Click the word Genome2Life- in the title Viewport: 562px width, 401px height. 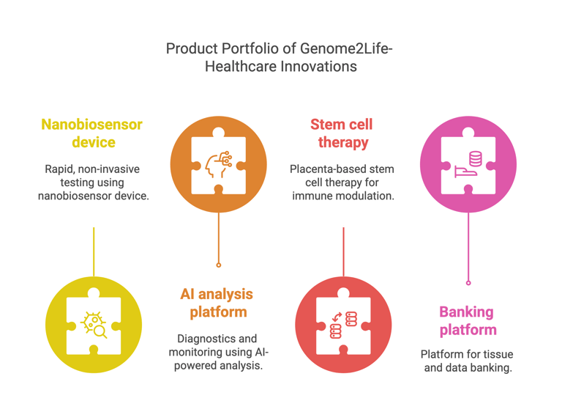(346, 48)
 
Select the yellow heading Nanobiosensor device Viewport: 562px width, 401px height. (92, 133)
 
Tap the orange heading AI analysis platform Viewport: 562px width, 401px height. (217, 303)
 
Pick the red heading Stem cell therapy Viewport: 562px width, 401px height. (342, 133)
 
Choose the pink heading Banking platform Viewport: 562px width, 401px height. (468, 320)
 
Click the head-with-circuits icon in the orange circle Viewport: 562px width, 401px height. (219, 164)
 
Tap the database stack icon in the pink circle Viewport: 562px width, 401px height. (476, 158)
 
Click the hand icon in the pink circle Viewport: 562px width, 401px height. (465, 172)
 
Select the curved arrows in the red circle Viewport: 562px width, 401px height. (337, 317)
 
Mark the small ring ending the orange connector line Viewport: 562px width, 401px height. (219, 265)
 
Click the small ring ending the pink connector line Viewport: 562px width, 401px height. (468, 283)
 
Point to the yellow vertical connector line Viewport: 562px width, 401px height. (94, 251)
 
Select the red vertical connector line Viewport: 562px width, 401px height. (343, 251)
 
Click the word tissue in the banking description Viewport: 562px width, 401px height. (500, 354)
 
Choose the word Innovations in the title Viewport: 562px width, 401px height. (318, 67)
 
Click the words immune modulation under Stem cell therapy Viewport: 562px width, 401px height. (343, 196)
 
